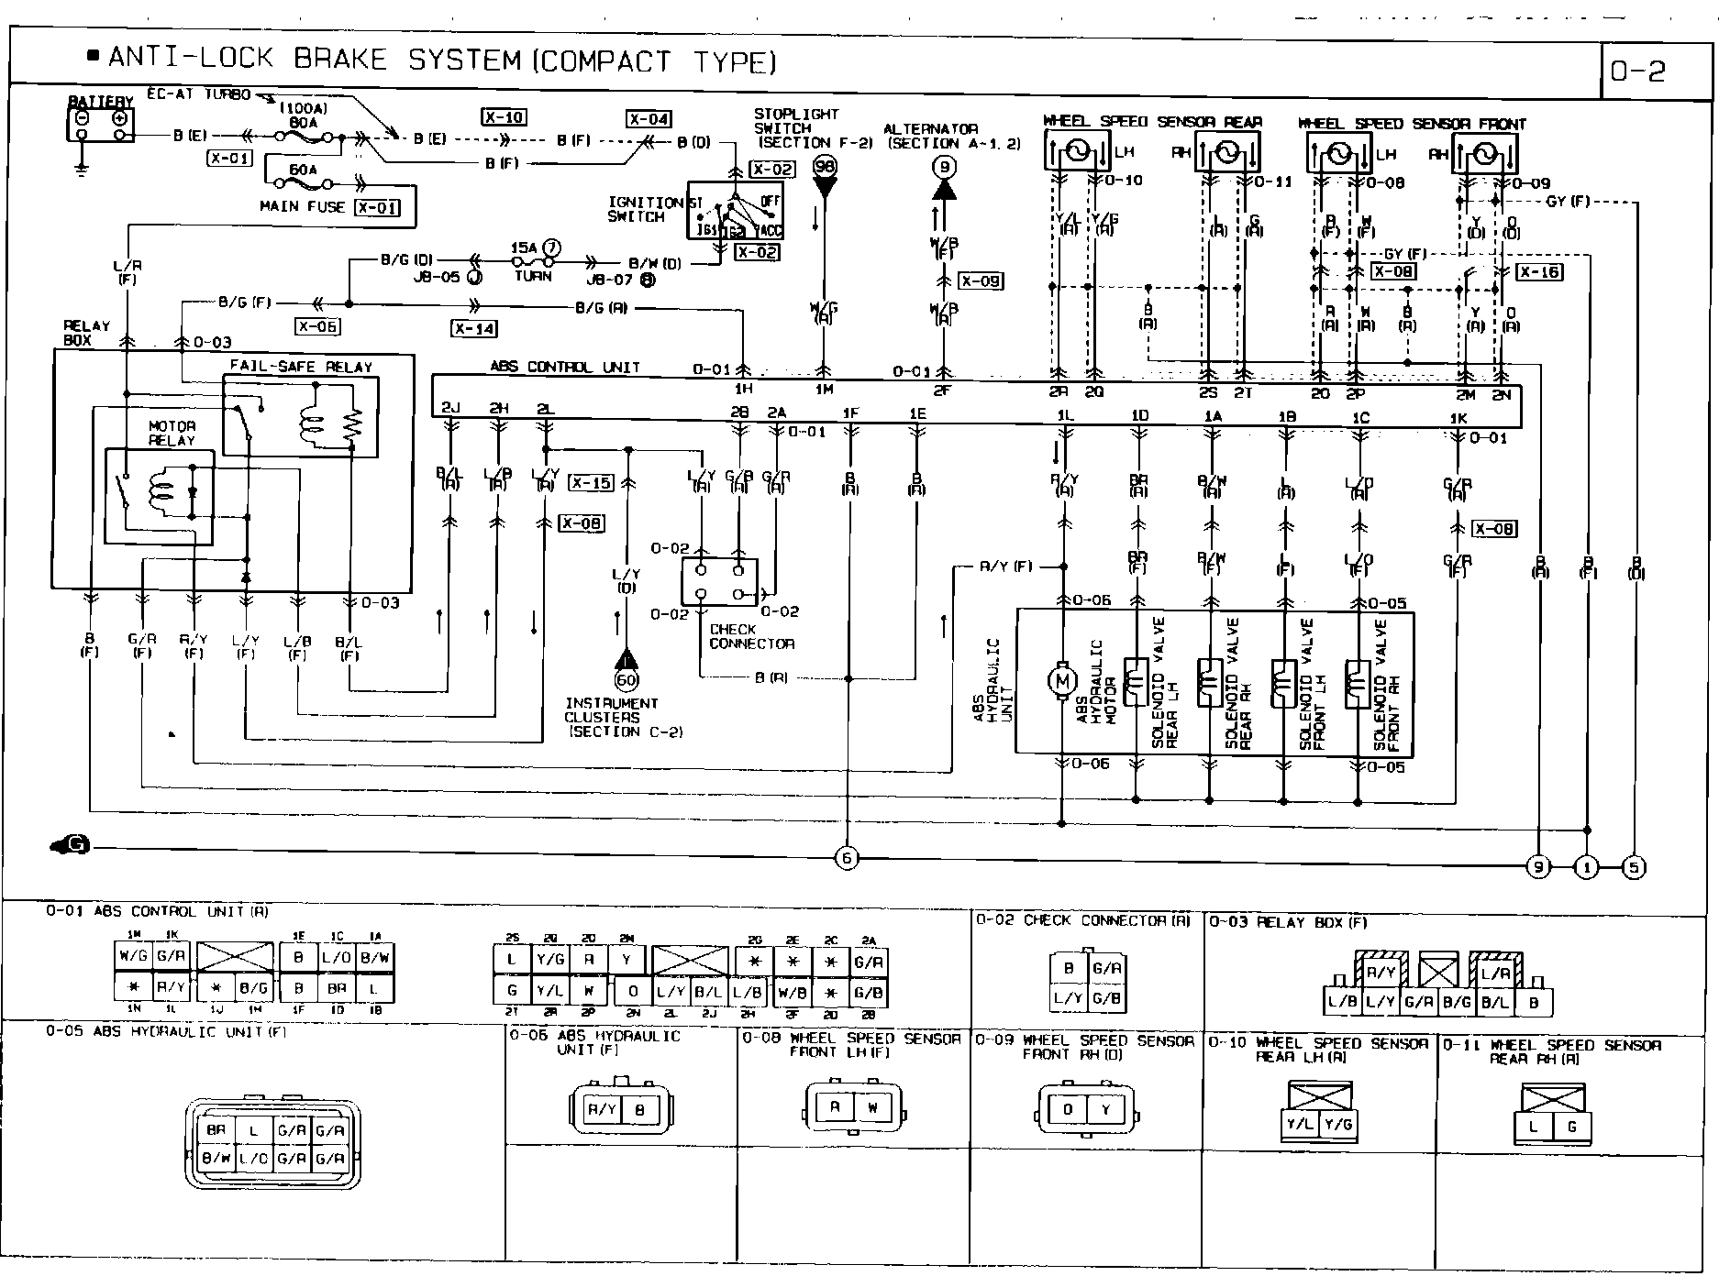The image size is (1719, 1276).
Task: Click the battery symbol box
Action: click(x=101, y=123)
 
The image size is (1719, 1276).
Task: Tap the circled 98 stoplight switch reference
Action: click(x=825, y=166)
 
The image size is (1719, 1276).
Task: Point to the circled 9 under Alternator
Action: click(x=945, y=167)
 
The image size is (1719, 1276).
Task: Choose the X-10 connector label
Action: click(x=504, y=117)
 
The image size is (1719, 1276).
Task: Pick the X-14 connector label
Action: click(x=473, y=329)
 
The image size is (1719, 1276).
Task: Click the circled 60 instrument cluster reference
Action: click(x=627, y=680)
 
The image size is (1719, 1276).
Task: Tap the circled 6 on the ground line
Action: click(x=847, y=859)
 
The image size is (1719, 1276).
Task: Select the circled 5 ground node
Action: click(x=1634, y=866)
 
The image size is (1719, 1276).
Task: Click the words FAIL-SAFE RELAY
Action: click(x=301, y=367)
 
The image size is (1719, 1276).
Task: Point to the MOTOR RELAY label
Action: click(x=172, y=433)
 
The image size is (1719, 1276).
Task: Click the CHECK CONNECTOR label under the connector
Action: click(x=750, y=636)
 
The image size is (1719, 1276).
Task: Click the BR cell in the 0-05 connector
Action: click(x=216, y=1130)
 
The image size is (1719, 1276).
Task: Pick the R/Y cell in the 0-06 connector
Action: click(x=602, y=1110)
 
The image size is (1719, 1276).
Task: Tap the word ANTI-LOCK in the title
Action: click(x=191, y=60)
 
